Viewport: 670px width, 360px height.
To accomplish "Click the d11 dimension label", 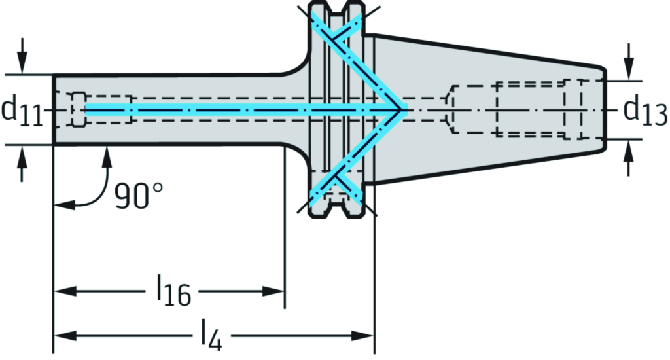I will pyautogui.click(x=21, y=111).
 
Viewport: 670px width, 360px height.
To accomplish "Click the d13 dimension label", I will pyautogui.click(x=644, y=109).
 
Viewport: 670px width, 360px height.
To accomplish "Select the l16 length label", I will pyautogui.click(x=172, y=293).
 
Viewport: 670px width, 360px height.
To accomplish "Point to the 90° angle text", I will pyautogui.click(x=138, y=194).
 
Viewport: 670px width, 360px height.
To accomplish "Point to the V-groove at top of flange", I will pyautogui.click(x=336, y=9).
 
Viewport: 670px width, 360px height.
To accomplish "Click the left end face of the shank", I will pyautogui.click(x=54, y=110).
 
